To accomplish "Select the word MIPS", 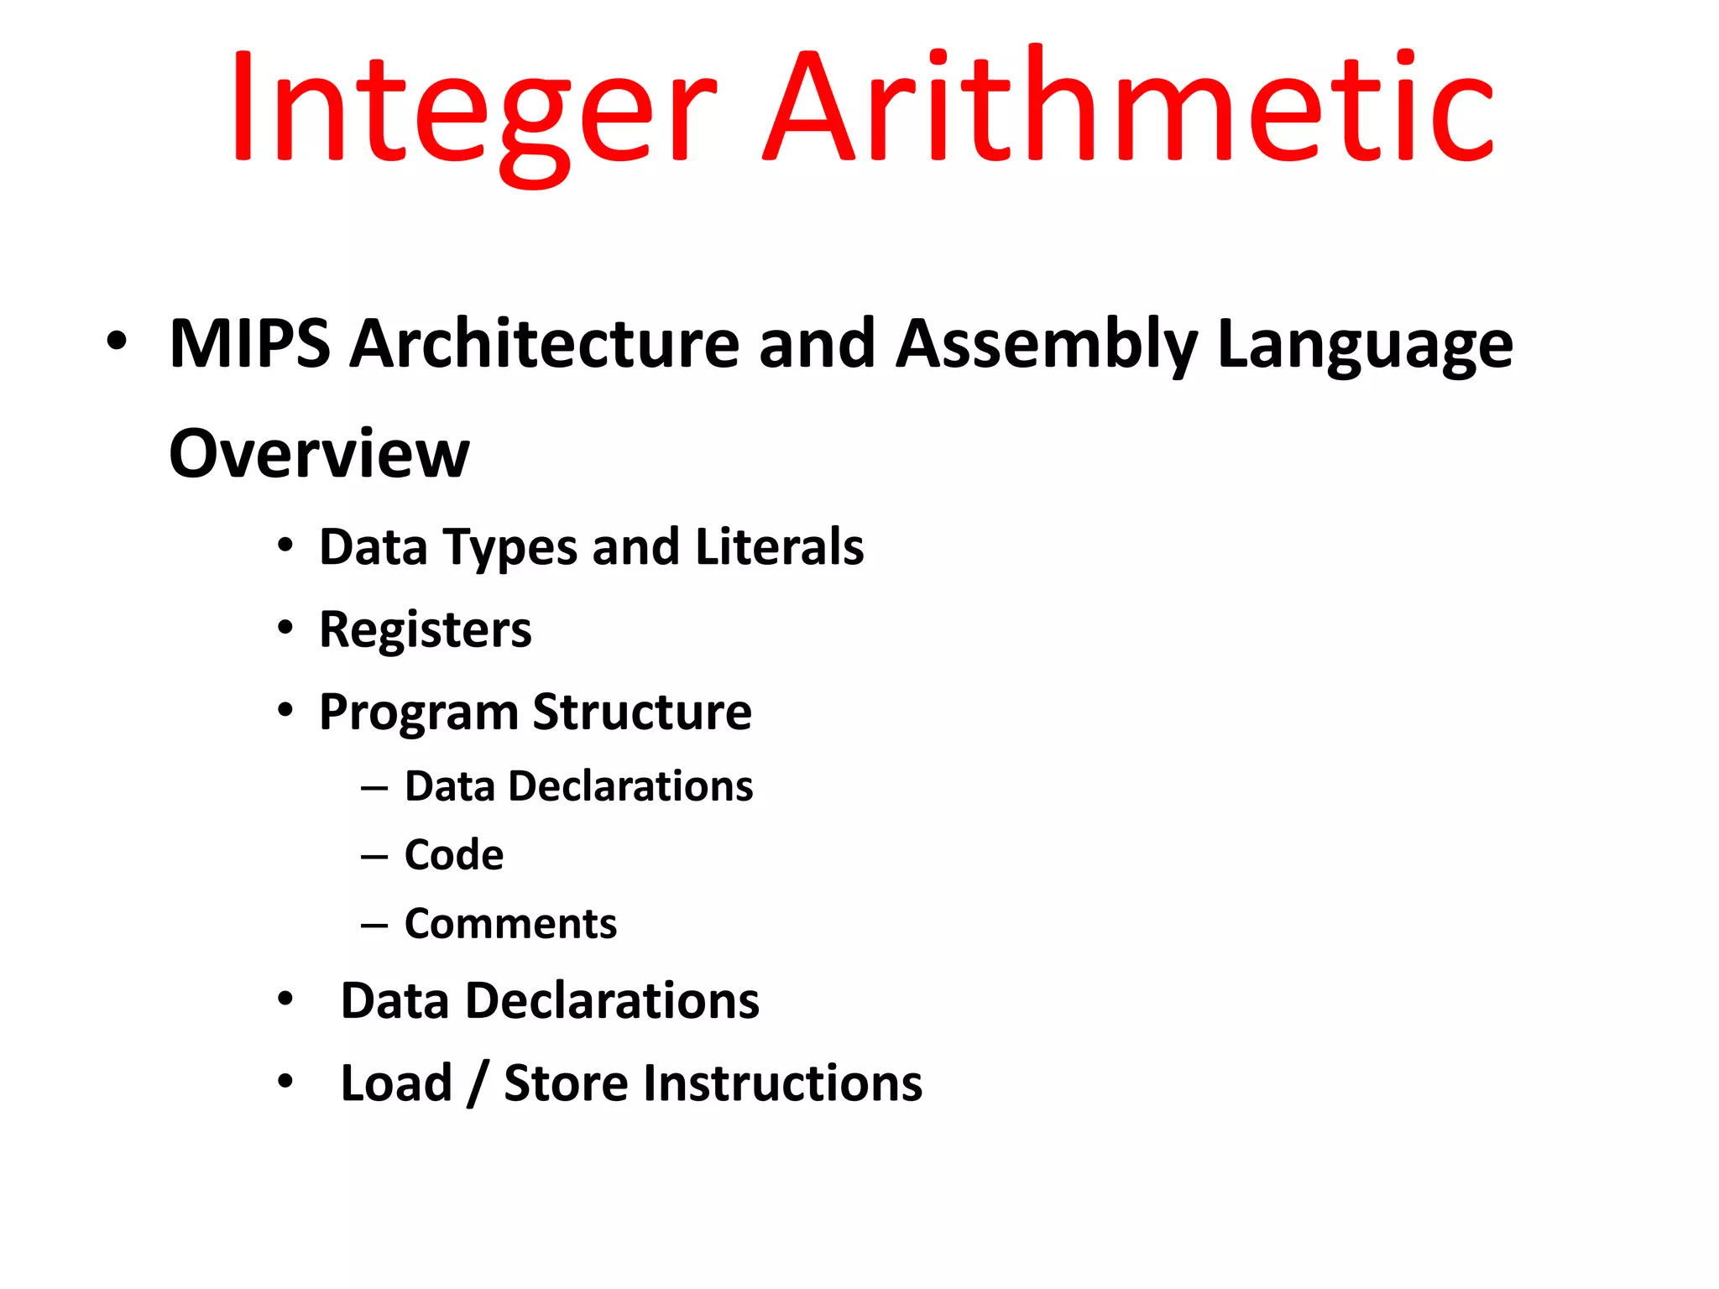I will (249, 344).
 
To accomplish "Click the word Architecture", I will (545, 344).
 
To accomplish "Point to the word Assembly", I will (1046, 346).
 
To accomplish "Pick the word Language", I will (1365, 346).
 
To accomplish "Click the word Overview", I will (319, 454).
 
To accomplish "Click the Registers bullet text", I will (425, 629).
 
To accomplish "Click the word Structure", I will (642, 712).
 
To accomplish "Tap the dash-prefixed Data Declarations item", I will (578, 786).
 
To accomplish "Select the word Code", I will (454, 855).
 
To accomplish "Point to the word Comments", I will (510, 924).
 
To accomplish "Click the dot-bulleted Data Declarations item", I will (550, 1001).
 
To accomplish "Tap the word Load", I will (396, 1083).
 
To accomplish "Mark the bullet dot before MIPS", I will (117, 342).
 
